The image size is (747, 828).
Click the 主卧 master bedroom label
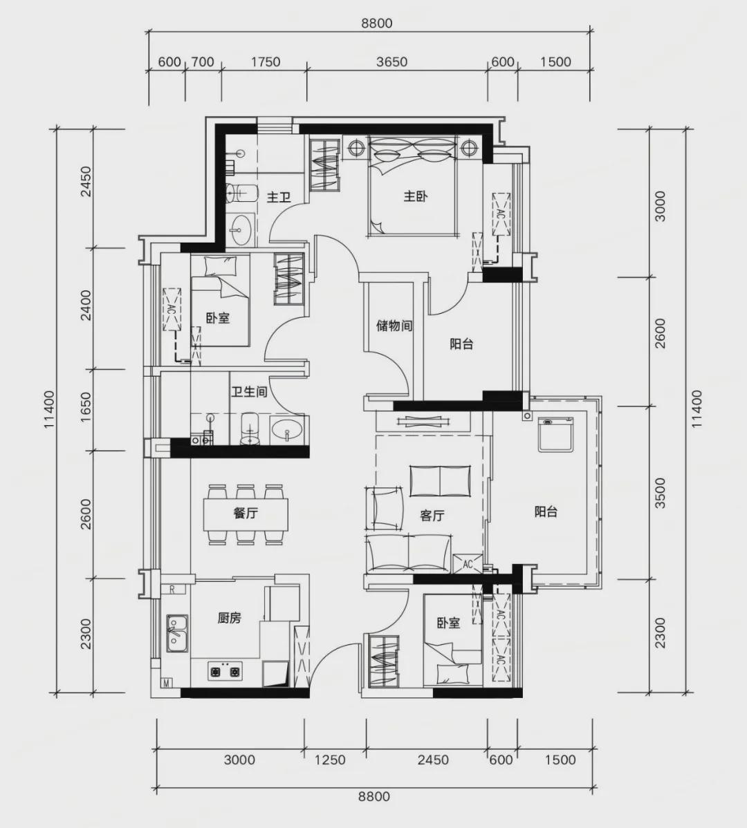pos(416,196)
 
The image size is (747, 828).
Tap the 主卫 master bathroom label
pos(279,198)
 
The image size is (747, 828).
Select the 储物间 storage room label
pos(394,326)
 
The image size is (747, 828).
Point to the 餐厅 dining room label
pos(246,513)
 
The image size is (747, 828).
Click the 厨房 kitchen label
pos(229,617)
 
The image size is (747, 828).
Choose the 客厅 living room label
pos(432,516)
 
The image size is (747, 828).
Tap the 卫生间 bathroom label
pos(249,392)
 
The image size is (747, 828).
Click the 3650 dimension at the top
pos(392,62)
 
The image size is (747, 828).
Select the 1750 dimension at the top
pos(265,62)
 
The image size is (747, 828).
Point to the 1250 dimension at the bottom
pos(330,760)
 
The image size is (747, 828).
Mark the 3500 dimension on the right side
pos(660,493)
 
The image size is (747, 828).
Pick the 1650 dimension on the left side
pos(85,406)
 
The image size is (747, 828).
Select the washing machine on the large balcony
pos(556,434)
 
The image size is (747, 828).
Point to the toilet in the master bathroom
pos(241,193)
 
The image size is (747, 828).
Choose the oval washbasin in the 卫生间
pos(288,431)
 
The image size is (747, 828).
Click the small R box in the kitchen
pos(172,590)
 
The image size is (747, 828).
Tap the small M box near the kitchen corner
pos(166,684)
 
